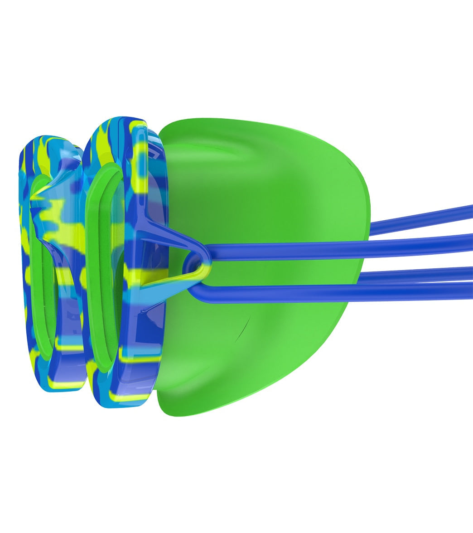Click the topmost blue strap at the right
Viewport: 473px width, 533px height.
[x=421, y=217]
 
